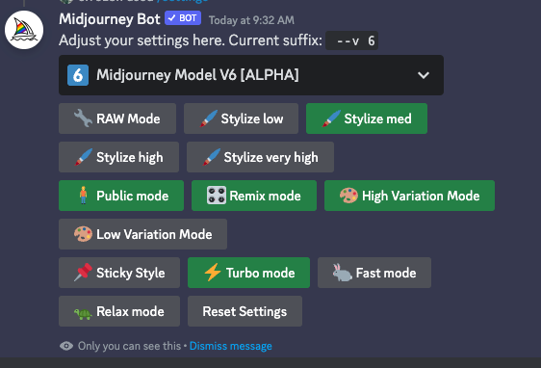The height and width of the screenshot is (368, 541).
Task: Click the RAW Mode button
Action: (116, 118)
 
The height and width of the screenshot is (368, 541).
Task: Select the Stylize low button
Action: (241, 118)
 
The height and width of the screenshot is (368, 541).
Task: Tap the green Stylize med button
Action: (366, 118)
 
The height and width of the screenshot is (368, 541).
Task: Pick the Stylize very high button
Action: (260, 157)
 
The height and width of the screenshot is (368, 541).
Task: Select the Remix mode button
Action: (253, 196)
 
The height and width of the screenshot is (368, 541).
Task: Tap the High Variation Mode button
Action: (409, 196)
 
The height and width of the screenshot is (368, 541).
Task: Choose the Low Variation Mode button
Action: (142, 234)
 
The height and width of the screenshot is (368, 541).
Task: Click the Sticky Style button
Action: (118, 273)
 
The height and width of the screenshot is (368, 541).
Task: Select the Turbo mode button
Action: (248, 273)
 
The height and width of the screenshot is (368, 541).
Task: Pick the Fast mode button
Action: (374, 273)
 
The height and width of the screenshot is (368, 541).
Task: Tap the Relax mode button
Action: (118, 311)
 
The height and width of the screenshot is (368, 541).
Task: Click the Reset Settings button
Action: (245, 311)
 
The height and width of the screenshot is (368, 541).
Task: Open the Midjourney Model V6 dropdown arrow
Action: (424, 75)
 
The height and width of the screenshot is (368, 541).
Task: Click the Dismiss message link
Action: (231, 346)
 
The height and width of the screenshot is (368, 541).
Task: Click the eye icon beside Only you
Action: (65, 346)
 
